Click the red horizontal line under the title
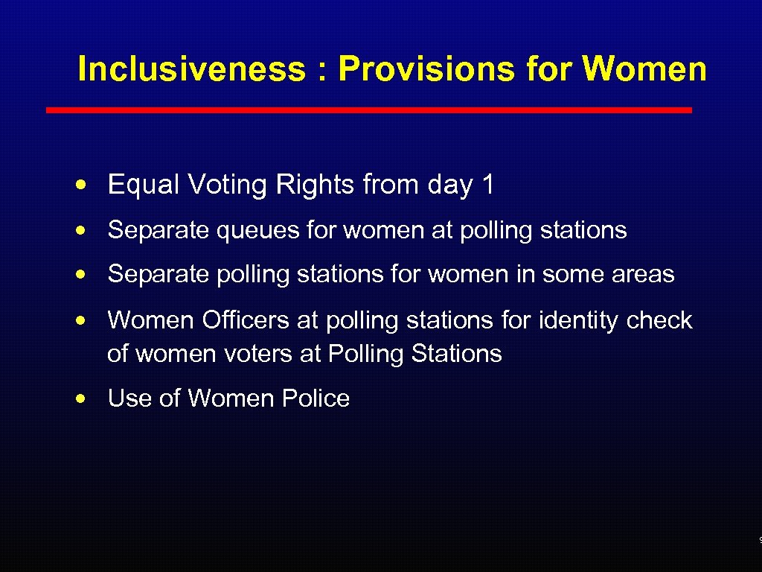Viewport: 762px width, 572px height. coord(369,109)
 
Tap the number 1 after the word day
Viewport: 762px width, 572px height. coord(488,185)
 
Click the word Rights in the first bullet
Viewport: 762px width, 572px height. coord(316,185)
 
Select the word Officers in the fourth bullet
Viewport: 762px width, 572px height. coord(246,320)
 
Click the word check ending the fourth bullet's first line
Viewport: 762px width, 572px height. coord(659,320)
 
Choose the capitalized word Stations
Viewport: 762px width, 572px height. coord(456,353)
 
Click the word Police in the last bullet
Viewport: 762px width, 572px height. coord(316,398)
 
